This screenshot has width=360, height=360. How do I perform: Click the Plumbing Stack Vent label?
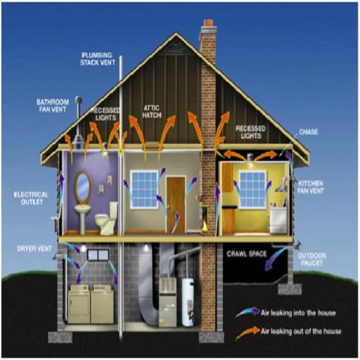pos(98,59)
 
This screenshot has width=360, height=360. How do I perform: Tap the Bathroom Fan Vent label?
pos(53,105)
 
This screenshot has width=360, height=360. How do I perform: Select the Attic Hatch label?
pos(152,112)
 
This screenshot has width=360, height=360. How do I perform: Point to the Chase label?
pos(309,132)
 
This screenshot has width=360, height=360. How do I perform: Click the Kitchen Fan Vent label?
pos(311,187)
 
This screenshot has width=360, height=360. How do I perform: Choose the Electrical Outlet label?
pos(31,198)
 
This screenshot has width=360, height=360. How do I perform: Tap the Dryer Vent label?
pos(34,249)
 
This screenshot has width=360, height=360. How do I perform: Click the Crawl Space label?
pos(247,254)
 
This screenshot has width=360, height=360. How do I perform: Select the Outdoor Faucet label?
pos(311,259)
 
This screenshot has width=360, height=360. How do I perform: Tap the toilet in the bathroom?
pos(106,218)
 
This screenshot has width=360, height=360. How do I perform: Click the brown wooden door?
pos(176,205)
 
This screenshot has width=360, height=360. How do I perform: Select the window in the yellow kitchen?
pos(252,189)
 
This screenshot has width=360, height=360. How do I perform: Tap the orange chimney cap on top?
pos(208,22)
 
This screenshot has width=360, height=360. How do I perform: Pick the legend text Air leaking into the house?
pos(298,313)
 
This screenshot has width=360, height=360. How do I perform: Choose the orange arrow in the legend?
pos(247,333)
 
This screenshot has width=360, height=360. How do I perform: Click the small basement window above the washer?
pos(98,255)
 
